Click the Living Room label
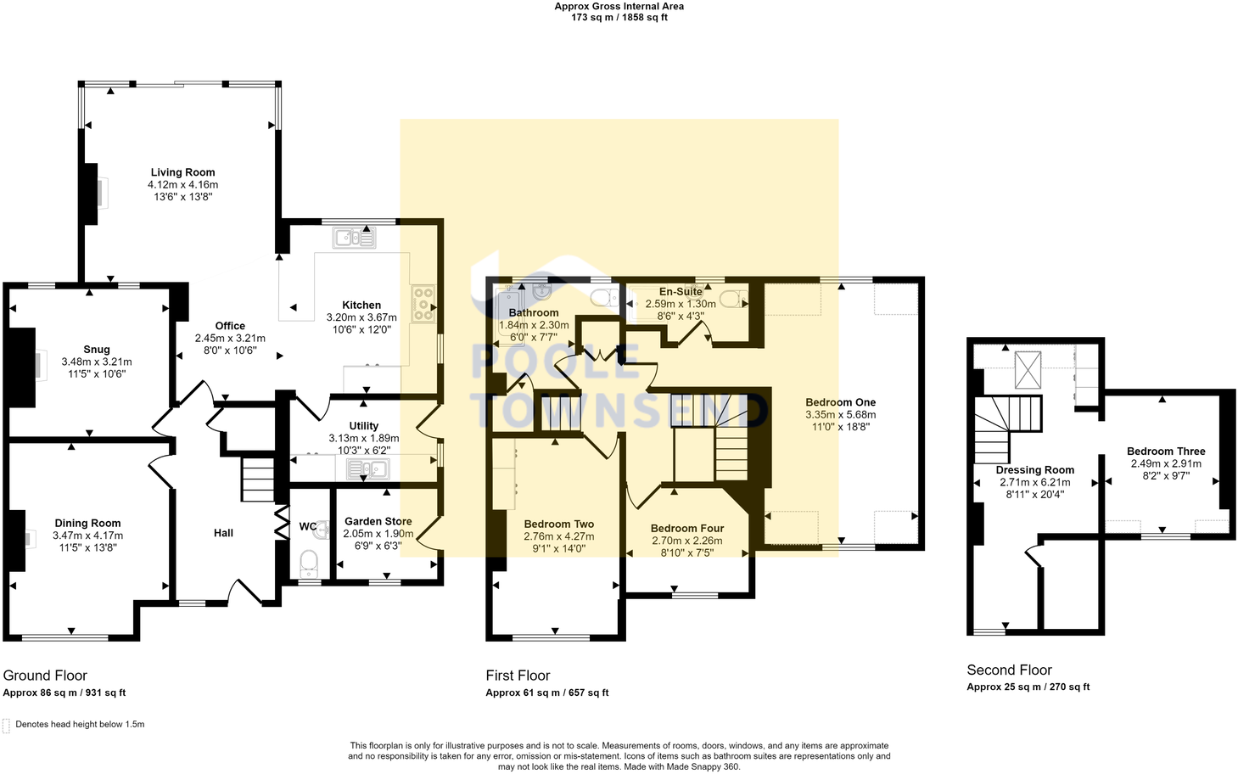click(x=182, y=172)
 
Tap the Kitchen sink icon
click(x=355, y=238)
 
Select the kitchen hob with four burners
click(x=423, y=305)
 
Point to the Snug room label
click(x=97, y=350)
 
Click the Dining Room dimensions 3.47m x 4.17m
click(x=87, y=536)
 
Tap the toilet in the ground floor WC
click(x=309, y=562)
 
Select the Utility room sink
click(x=367, y=468)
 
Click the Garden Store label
click(x=378, y=522)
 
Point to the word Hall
click(x=223, y=533)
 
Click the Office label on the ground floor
click(x=230, y=326)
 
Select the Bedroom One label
click(x=840, y=402)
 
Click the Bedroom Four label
click(x=686, y=529)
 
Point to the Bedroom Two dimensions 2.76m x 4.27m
click(x=558, y=536)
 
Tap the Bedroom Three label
click(x=1165, y=451)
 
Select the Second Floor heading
click(x=1009, y=670)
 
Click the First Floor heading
click(x=518, y=676)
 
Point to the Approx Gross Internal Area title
click(x=619, y=7)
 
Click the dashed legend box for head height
click(x=7, y=726)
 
